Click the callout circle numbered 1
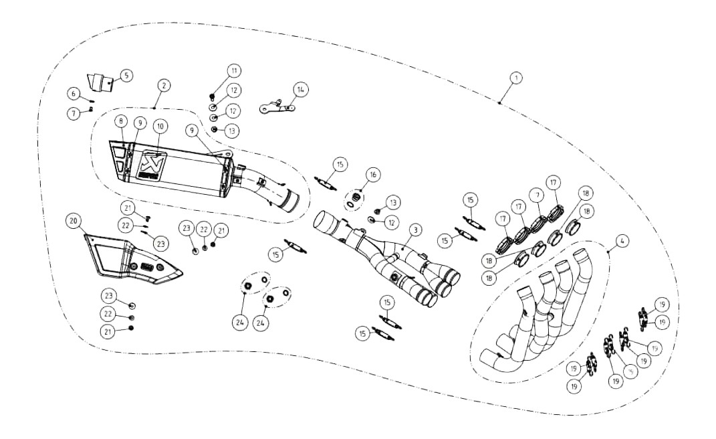(516, 78)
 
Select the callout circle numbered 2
(164, 86)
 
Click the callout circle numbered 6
(75, 94)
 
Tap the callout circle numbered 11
(234, 70)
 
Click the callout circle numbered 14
(301, 88)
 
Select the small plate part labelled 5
(100, 83)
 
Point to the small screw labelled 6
(90, 101)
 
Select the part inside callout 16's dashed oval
(358, 198)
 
